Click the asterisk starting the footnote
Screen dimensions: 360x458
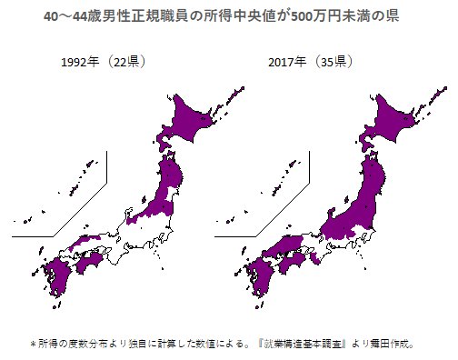point(33,345)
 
